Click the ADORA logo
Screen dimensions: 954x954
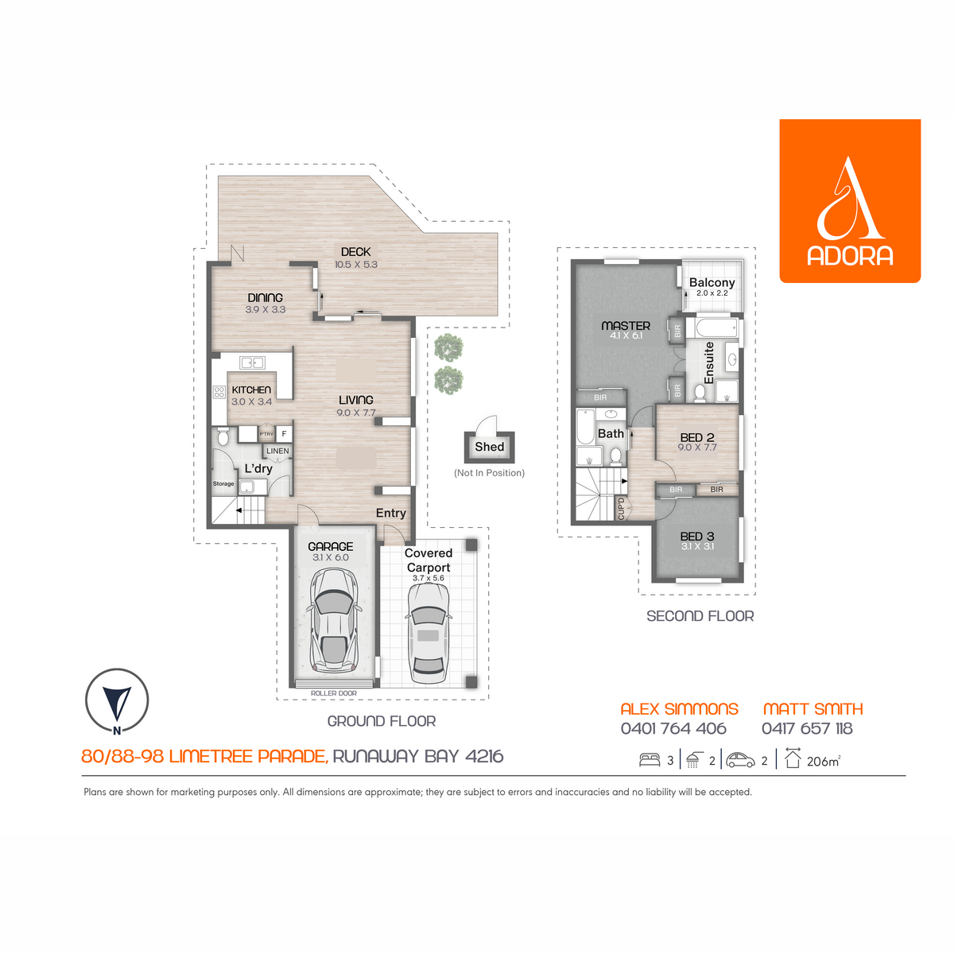[850, 200]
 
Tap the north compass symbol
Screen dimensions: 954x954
[117, 701]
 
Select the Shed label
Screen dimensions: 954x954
[489, 447]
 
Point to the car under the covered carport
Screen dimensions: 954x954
[428, 633]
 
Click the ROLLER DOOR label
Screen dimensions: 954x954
[334, 693]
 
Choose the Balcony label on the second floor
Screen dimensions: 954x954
[712, 283]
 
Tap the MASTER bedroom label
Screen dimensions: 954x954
[626, 326]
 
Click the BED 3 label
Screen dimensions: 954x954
[697, 536]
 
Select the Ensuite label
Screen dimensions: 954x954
[708, 363]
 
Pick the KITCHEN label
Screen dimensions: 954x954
[251, 390]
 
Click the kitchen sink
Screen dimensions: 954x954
[252, 363]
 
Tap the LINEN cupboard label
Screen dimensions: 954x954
[277, 451]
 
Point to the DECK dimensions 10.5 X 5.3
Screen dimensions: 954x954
[356, 265]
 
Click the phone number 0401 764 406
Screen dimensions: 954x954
[673, 729]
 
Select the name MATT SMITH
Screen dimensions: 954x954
[813, 709]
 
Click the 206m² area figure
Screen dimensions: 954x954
[824, 761]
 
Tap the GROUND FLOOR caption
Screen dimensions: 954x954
[382, 721]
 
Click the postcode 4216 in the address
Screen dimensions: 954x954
[484, 757]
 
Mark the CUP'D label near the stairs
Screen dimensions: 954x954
[622, 509]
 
